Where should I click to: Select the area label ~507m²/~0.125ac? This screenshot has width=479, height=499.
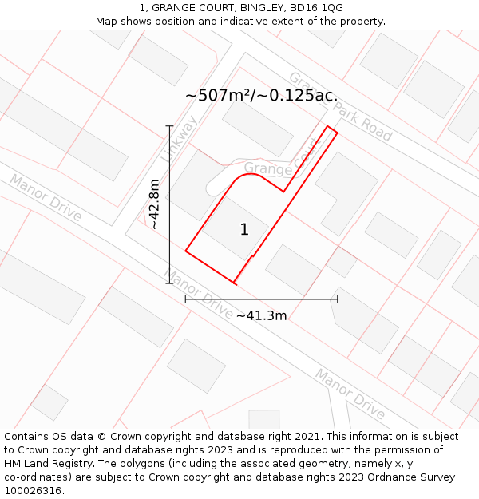pos(261,96)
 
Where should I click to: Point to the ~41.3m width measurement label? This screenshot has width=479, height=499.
pos(261,315)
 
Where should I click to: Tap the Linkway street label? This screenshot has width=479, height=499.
pos(179,139)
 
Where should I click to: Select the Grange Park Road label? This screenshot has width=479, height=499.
pos(341,107)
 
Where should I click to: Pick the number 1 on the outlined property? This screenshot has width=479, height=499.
pos(244,230)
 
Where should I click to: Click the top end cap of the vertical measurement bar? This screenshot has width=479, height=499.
pos(169,126)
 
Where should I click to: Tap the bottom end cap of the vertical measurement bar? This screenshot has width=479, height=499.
pos(169,283)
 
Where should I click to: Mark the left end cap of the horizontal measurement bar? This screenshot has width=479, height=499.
pos(186,299)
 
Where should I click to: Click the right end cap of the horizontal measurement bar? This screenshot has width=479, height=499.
pos(338,299)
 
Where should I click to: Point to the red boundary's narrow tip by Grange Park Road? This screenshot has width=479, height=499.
pos(331,129)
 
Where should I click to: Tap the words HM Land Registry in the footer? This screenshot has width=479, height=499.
pos(44,464)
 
